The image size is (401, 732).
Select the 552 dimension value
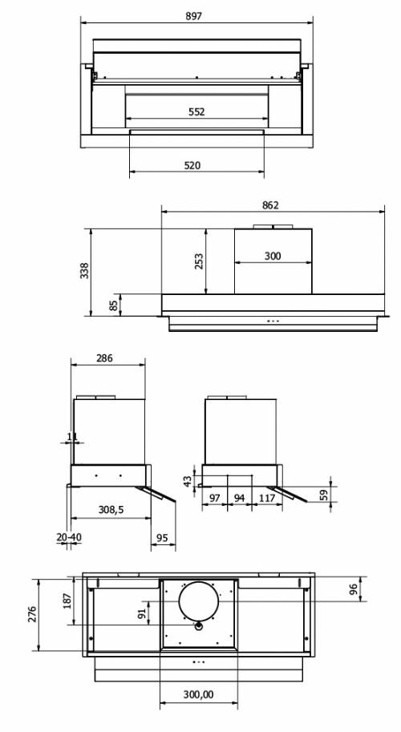coord(196,112)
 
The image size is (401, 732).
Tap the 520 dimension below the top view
coord(192,166)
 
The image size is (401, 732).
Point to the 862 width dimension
coord(270,205)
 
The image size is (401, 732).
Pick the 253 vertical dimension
coord(200,261)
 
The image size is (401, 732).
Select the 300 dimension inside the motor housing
coord(273,256)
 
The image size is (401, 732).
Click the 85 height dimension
coord(114,305)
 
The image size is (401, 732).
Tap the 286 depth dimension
coord(104,358)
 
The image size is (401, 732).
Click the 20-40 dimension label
coord(69,537)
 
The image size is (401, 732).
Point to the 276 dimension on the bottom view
coord(33,615)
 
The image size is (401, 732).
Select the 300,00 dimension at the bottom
coord(198,695)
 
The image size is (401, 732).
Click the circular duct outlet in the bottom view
coord(198,601)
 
